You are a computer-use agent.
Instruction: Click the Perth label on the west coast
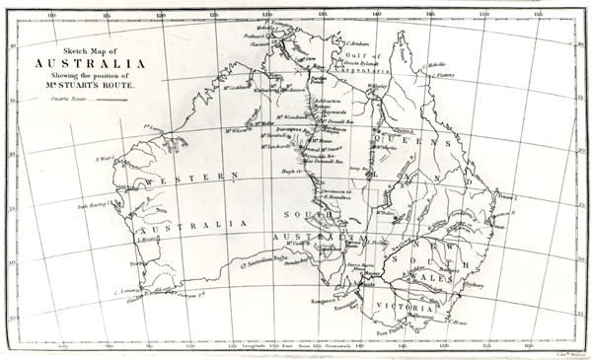[x=123, y=263]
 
